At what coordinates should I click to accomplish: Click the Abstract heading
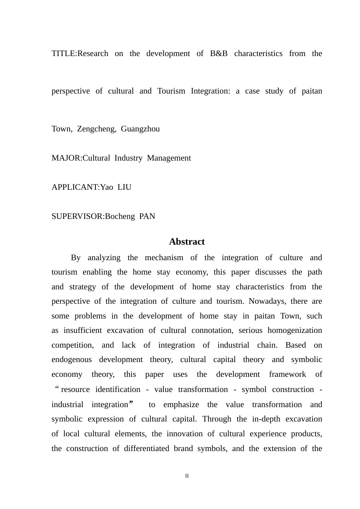coord(187,242)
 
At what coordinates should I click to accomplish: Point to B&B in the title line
coord(219,53)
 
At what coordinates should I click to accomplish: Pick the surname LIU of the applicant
coord(124,187)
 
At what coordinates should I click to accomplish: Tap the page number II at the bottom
coord(187,476)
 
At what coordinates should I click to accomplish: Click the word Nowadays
coord(266,301)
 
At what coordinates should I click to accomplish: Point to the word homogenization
coord(295,330)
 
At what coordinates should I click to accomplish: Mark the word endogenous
coord(72,359)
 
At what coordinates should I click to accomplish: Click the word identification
coord(117,389)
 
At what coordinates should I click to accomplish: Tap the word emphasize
coord(181,404)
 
